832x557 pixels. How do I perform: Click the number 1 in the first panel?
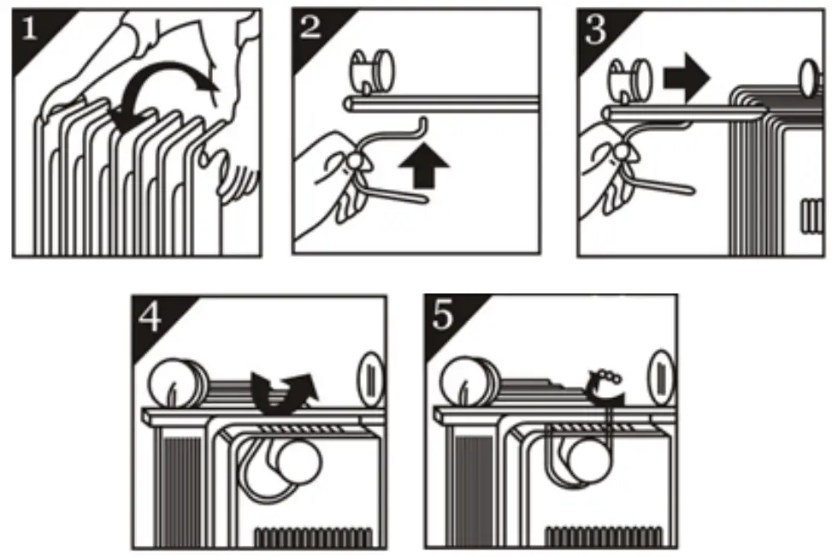pos(29,27)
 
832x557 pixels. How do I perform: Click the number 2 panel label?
pos(310,27)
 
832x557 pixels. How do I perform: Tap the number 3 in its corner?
pos(595,30)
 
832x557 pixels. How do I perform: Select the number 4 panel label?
pos(150,317)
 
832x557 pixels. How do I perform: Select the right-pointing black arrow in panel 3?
pos(686,78)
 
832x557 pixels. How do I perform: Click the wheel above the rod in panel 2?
pos(372,71)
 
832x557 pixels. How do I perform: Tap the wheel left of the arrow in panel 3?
pos(630,80)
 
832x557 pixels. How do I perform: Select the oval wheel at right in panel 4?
pos(370,380)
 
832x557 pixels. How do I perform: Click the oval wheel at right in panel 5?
pos(662,377)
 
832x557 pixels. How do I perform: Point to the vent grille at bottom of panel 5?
pos(604,536)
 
